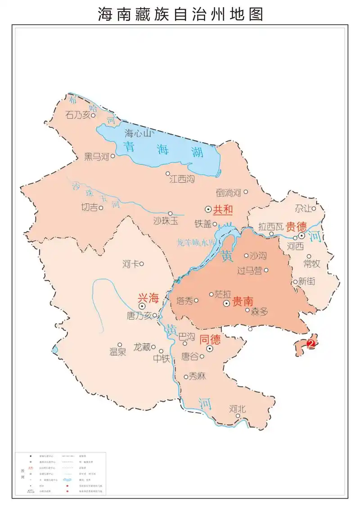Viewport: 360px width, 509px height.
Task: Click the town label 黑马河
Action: click(97, 157)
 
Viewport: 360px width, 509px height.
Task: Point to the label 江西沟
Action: click(182, 179)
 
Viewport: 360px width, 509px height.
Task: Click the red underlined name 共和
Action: click(223, 209)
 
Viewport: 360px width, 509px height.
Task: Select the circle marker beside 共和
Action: click(208, 209)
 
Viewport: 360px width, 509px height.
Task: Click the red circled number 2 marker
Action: click(310, 344)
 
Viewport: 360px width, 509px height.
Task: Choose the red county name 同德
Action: click(210, 339)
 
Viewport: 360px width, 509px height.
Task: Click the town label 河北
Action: click(238, 409)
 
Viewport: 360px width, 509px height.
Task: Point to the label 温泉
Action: click(118, 352)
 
